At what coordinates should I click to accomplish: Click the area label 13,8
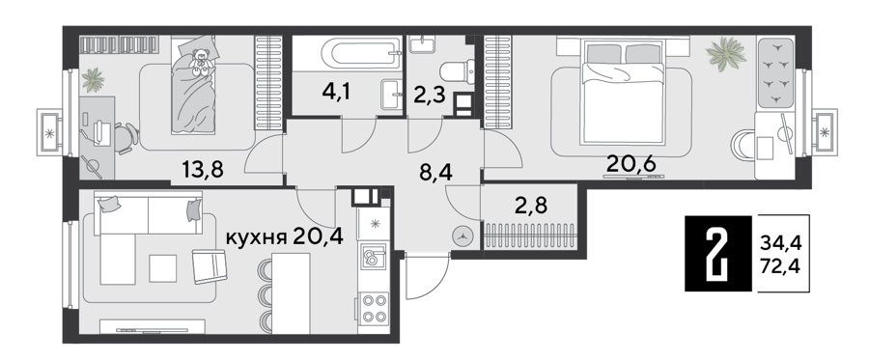pos(203,169)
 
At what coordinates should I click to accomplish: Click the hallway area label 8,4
pos(435,173)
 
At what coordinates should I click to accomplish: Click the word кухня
pos(256,238)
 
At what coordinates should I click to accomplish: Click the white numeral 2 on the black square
pos(719,253)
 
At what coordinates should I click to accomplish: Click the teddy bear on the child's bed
pos(201,62)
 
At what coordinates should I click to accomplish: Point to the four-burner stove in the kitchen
pos(373,309)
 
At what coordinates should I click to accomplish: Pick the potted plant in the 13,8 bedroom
pos(93,80)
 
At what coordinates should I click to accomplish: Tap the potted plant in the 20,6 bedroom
pos(725,54)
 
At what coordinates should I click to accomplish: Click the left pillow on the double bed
pos(604,54)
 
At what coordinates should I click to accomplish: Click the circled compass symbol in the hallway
pos(463,235)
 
